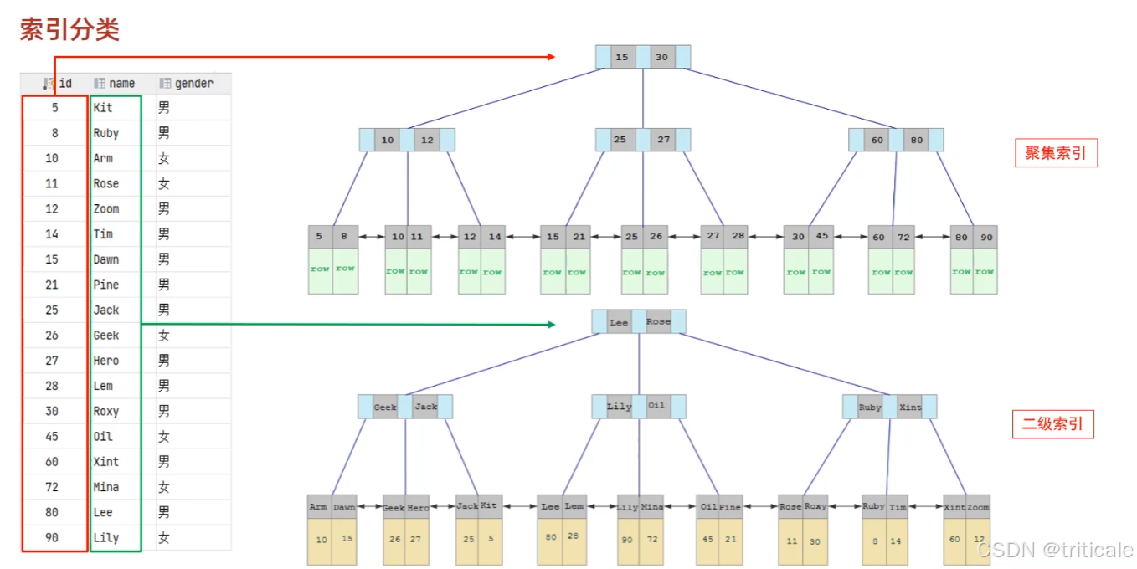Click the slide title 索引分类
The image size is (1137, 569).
pos(70,30)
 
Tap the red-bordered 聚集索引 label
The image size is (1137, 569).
pos(1055,153)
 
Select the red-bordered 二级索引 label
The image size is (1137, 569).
pos(1052,424)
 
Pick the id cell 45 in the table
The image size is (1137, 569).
pos(52,436)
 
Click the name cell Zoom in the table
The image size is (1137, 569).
pos(106,208)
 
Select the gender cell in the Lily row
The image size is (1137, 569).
pos(164,537)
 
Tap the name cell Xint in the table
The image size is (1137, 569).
pos(106,461)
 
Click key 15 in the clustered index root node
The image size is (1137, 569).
pos(621,57)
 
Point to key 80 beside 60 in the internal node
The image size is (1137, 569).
pos(917,140)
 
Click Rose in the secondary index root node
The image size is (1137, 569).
pos(658,322)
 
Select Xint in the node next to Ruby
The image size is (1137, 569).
pos(910,408)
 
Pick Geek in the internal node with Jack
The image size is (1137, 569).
pos(385,408)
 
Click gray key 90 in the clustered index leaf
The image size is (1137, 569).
pos(986,237)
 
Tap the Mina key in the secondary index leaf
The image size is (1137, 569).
pos(653,507)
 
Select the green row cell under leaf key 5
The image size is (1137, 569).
pos(320,270)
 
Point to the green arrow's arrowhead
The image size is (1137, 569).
pos(551,324)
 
